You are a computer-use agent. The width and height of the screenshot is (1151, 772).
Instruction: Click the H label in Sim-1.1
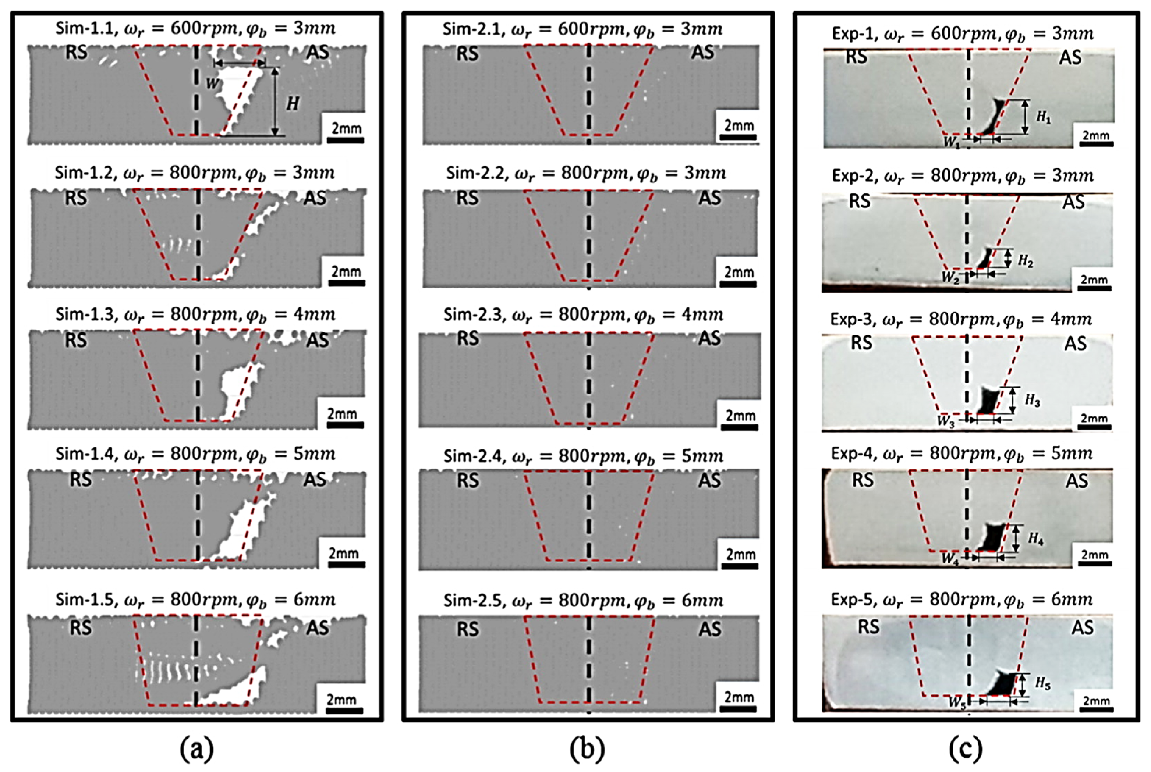coord(293,103)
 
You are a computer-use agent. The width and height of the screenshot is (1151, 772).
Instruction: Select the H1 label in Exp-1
coord(1043,117)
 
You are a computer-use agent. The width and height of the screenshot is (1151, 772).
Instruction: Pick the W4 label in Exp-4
coord(950,558)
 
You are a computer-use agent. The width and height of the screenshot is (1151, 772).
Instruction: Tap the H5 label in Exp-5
coord(1042,683)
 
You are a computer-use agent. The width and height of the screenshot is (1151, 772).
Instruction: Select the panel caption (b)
coord(587,749)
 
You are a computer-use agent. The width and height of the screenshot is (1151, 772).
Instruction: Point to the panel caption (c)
coord(965,749)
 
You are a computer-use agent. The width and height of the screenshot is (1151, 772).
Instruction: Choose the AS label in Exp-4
coord(1077,481)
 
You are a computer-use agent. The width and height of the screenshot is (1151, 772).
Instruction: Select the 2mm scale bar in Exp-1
coord(1095,144)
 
